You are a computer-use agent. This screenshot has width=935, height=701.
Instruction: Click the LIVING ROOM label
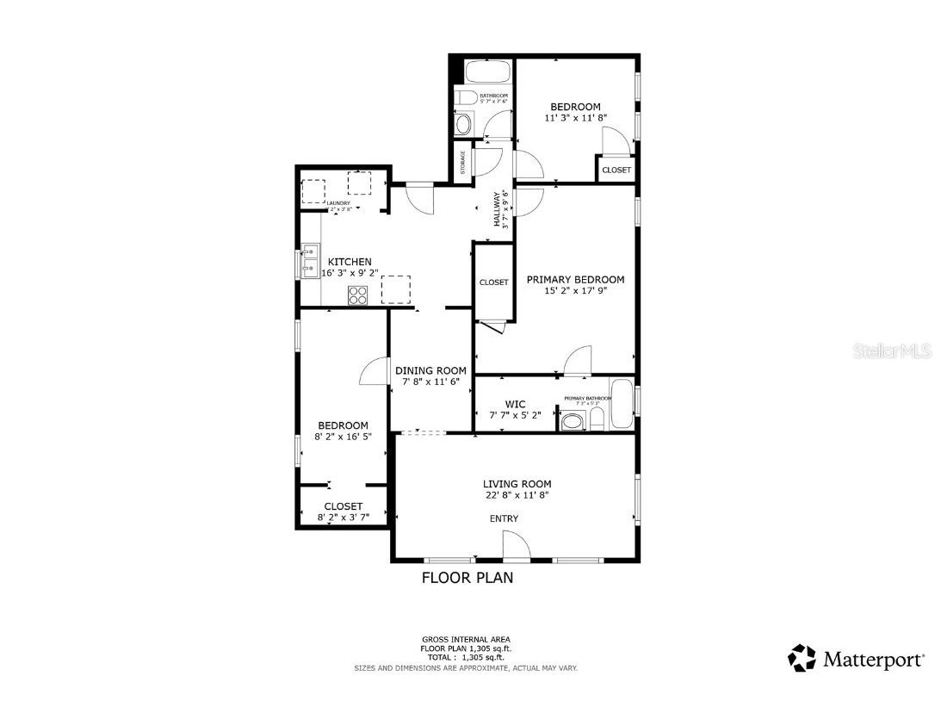pyautogui.click(x=517, y=484)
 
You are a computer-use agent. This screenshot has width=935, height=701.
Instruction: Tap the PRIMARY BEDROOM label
pyautogui.click(x=575, y=280)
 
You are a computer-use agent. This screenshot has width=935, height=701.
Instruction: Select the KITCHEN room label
pyautogui.click(x=350, y=262)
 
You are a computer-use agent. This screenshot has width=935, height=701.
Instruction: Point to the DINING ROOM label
pyautogui.click(x=430, y=370)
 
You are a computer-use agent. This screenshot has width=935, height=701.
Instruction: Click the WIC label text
pyautogui.click(x=515, y=403)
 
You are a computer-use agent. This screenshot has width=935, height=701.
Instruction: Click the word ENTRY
pyautogui.click(x=504, y=518)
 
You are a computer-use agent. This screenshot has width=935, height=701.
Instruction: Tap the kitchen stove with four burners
pyautogui.click(x=357, y=295)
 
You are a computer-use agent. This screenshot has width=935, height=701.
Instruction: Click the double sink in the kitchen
pyautogui.click(x=310, y=262)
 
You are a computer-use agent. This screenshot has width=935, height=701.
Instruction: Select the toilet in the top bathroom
pyautogui.click(x=465, y=96)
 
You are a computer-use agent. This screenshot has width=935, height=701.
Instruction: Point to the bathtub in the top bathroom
pyautogui.click(x=487, y=71)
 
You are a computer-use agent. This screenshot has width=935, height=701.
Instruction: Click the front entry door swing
pyautogui.click(x=515, y=545)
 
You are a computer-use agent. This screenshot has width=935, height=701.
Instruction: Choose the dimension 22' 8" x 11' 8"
pyautogui.click(x=517, y=495)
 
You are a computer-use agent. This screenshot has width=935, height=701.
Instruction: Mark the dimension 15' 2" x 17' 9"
pyautogui.click(x=575, y=291)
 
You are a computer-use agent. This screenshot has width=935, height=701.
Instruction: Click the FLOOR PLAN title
pyautogui.click(x=467, y=578)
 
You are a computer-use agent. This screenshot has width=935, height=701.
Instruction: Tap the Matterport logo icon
pyautogui.click(x=802, y=658)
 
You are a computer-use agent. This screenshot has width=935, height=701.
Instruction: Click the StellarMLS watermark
pyautogui.click(x=896, y=350)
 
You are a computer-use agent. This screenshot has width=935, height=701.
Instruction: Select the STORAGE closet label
pyautogui.click(x=462, y=163)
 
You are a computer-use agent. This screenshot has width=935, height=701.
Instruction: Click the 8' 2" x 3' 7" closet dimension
pyautogui.click(x=343, y=518)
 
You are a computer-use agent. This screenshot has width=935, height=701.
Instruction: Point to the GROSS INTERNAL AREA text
pyautogui.click(x=466, y=640)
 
